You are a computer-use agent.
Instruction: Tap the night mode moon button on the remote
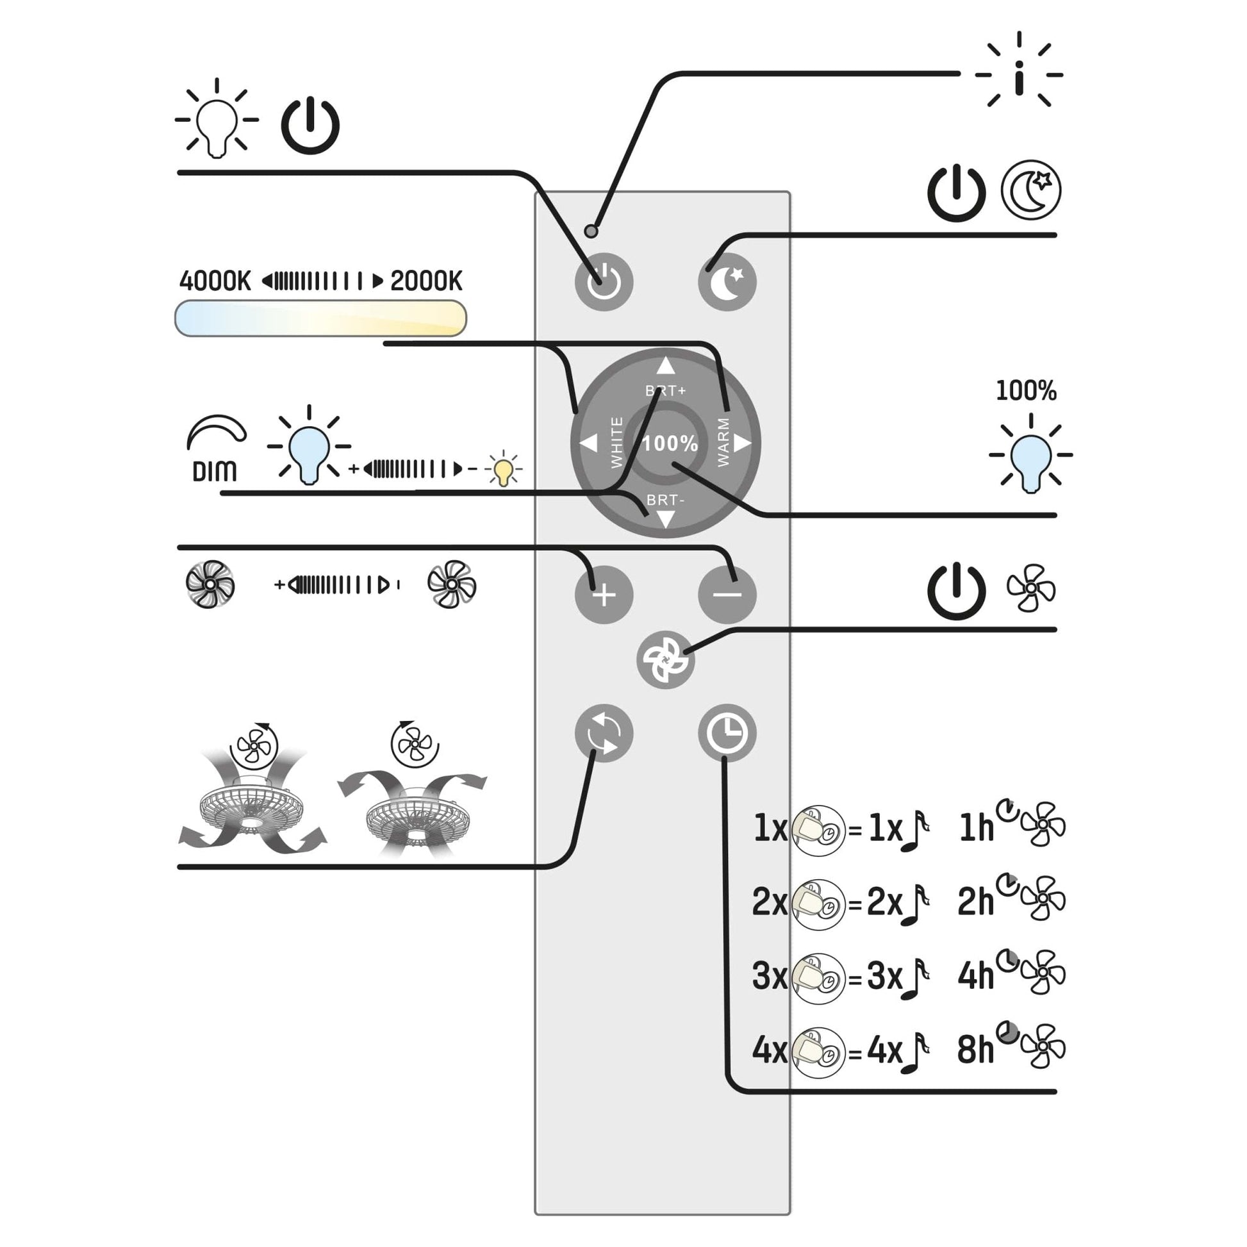[727, 282]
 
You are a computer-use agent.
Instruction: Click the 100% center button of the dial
[670, 443]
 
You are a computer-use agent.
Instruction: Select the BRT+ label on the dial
[665, 390]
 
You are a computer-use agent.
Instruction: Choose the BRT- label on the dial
[665, 500]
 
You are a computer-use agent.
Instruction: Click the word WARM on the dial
[723, 442]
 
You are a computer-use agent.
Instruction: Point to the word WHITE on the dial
[616, 442]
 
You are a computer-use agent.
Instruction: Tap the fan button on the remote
[665, 659]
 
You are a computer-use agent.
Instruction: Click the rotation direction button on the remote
[604, 733]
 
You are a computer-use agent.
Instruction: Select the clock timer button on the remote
[727, 733]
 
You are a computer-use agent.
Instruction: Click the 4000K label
[215, 281]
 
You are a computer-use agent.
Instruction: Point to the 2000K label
[426, 281]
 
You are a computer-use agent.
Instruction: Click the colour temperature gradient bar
[320, 318]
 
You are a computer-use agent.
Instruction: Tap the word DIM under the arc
[214, 472]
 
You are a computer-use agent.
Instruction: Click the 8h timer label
[975, 1050]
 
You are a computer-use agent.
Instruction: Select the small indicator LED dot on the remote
[591, 231]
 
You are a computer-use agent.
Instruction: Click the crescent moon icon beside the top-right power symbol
[1031, 190]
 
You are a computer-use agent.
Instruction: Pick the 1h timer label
[976, 828]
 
